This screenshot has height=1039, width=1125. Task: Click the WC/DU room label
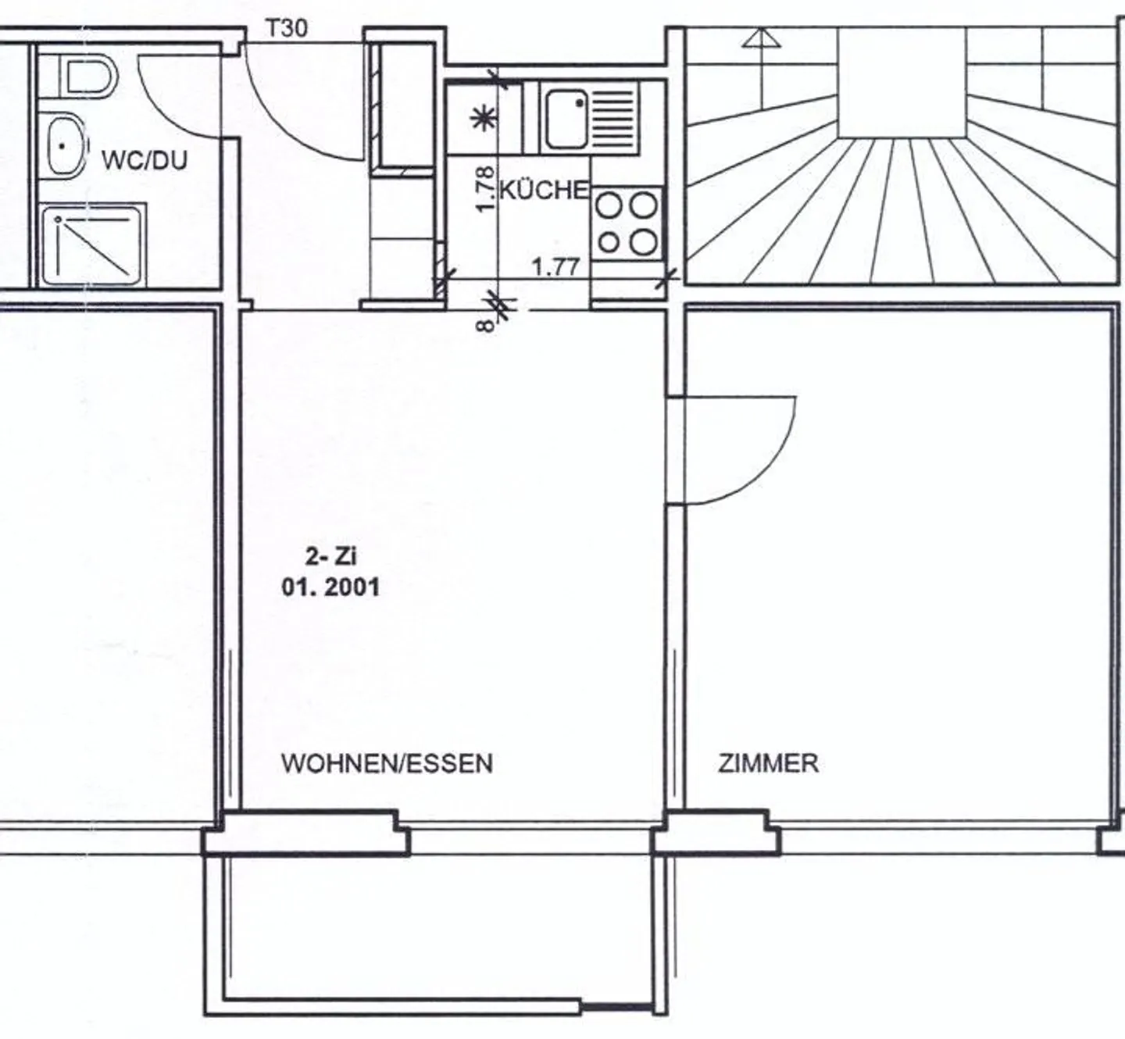(145, 161)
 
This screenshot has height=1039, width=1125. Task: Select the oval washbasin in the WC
(64, 146)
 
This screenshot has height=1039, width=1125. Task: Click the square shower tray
(93, 245)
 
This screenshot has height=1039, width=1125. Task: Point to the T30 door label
(287, 29)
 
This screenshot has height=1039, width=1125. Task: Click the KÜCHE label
(544, 190)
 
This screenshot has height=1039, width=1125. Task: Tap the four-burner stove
(627, 224)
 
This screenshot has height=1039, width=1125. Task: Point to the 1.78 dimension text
(484, 188)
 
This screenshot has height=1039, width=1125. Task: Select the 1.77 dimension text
(555, 268)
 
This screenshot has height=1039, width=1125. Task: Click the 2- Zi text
(330, 557)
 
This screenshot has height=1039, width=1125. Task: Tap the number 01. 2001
(330, 587)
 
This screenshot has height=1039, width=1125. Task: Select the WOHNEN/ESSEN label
(387, 763)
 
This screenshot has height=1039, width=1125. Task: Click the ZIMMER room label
(768, 763)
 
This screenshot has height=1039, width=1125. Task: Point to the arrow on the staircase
(761, 39)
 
